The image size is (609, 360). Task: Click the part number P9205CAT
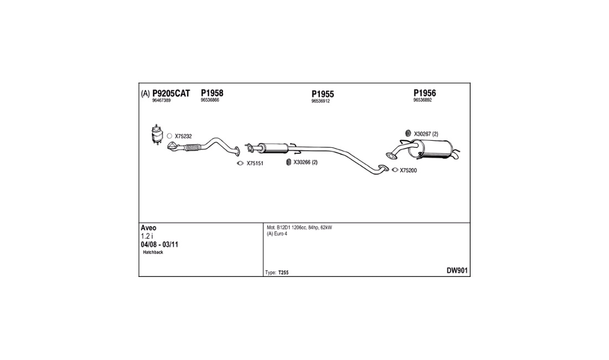[171, 94]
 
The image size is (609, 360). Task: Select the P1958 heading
[212, 93]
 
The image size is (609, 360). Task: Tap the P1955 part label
[323, 94]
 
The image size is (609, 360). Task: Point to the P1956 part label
[425, 93]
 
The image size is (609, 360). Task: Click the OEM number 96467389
[161, 101]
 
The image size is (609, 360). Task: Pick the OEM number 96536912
[321, 101]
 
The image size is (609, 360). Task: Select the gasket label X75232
[183, 136]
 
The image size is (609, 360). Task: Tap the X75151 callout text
[255, 163]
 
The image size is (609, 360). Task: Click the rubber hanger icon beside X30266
[288, 162]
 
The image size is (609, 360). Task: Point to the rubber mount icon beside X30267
[408, 133]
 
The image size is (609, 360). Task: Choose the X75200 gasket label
[408, 171]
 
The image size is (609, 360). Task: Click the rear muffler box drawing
[435, 149]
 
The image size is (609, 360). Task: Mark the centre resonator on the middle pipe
[273, 148]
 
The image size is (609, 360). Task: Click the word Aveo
[148, 228]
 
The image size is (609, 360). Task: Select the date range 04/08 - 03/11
[159, 245]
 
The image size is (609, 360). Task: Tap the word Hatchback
[153, 253]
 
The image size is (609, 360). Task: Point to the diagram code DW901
[457, 271]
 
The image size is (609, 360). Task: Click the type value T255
[283, 272]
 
